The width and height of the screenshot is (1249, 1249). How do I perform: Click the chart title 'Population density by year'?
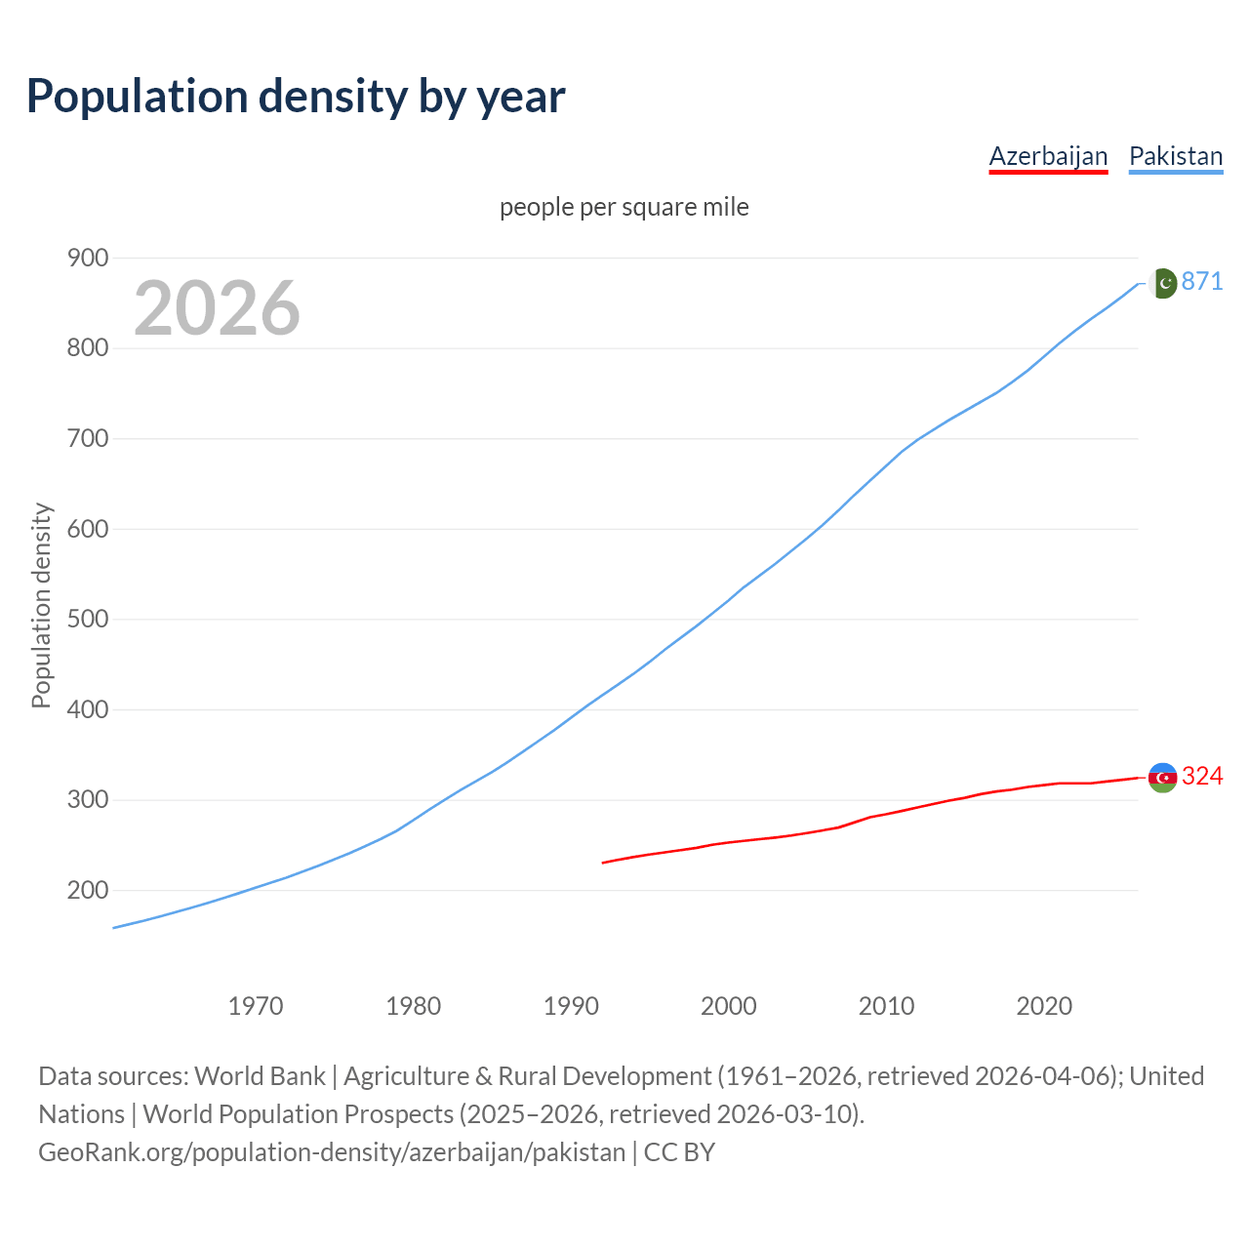click(x=296, y=97)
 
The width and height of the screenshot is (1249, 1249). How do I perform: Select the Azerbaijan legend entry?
click(x=1048, y=156)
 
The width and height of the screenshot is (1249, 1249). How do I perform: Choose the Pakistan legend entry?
click(x=1175, y=156)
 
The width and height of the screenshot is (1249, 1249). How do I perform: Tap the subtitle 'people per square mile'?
click(x=624, y=207)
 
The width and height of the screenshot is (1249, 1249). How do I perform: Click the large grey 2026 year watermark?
click(x=217, y=308)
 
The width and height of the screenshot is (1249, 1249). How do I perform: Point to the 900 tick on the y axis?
click(x=88, y=258)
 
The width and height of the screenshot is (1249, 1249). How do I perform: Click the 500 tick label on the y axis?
click(x=88, y=620)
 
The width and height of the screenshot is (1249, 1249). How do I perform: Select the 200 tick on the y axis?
click(x=88, y=890)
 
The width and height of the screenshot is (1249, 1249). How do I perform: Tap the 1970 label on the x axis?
click(x=256, y=1005)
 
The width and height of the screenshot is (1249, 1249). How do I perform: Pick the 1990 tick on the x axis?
click(x=571, y=1005)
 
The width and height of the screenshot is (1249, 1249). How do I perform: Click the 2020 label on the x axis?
click(x=1044, y=1005)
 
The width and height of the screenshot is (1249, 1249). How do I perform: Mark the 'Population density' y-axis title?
click(x=41, y=605)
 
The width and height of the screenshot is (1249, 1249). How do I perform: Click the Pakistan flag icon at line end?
click(x=1162, y=283)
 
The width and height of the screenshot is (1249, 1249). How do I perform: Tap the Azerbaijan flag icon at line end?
click(x=1162, y=777)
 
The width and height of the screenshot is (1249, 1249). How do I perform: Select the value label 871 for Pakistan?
click(x=1202, y=281)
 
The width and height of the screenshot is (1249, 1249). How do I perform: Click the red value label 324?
click(x=1202, y=776)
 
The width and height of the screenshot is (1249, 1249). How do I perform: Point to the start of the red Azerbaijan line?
click(x=603, y=863)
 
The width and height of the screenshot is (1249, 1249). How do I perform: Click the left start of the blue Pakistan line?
click(x=114, y=928)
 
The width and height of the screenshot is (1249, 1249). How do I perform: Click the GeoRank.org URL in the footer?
click(x=332, y=1151)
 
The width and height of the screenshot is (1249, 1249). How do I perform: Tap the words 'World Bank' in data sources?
click(x=260, y=1075)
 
